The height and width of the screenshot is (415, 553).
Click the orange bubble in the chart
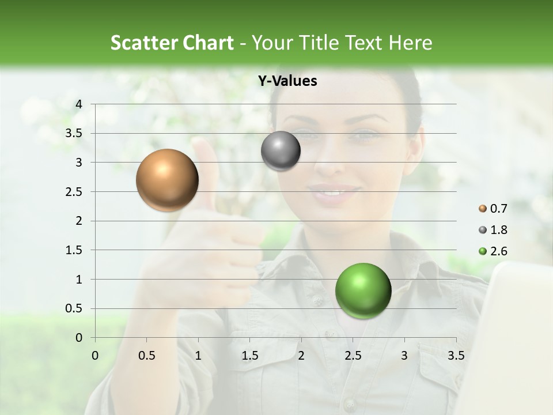pyautogui.click(x=167, y=180)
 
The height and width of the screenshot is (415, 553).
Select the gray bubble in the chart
pyautogui.click(x=281, y=151)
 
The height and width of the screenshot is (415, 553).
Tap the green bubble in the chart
pyautogui.click(x=363, y=290)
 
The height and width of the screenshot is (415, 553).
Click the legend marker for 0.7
pyautogui.click(x=482, y=208)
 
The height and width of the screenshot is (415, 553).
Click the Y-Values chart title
pyautogui.click(x=287, y=81)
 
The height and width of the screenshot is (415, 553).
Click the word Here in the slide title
pyautogui.click(x=410, y=43)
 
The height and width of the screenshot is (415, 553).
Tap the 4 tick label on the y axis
pyautogui.click(x=79, y=104)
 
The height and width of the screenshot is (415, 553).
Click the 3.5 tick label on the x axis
pyautogui.click(x=456, y=355)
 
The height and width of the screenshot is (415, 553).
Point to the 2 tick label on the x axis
pyautogui.click(x=301, y=355)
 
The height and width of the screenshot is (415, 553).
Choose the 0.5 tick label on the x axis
pyautogui.click(x=147, y=355)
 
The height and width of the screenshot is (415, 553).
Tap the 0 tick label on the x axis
pyautogui.click(x=95, y=355)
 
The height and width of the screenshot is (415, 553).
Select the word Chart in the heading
pyautogui.click(x=209, y=43)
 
